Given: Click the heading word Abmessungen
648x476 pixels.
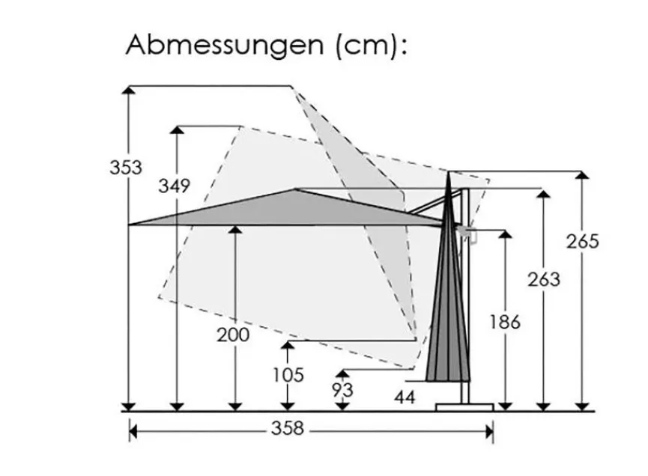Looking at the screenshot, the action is point(225,46).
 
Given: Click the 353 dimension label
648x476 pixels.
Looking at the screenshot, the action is point(126,168).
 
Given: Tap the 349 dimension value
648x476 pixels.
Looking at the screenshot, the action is point(174,186).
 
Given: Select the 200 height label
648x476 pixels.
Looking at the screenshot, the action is point(233,335).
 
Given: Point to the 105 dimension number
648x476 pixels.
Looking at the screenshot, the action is point(288,375).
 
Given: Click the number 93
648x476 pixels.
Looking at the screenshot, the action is point(342,390).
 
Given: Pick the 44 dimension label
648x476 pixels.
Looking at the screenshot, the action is point(405,397).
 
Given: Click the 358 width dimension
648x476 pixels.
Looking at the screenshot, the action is point(288,428).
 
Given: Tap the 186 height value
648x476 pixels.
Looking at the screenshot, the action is point(505,322).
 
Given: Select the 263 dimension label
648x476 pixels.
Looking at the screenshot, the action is point(544,279).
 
